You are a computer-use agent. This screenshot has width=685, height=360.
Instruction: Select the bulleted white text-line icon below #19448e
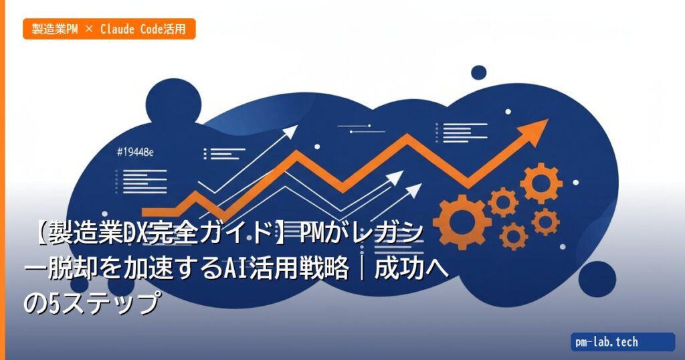(140, 179)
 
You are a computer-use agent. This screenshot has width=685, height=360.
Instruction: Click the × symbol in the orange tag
(90, 29)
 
